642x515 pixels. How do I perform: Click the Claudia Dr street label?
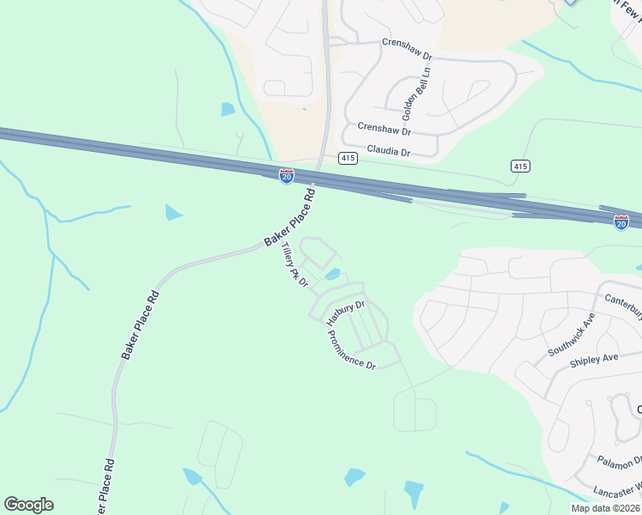click(390, 153)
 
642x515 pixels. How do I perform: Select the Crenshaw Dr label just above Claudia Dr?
click(385, 130)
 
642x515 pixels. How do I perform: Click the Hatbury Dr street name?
click(346, 310)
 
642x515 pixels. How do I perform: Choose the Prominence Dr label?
click(352, 350)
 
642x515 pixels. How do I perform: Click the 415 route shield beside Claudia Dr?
click(348, 158)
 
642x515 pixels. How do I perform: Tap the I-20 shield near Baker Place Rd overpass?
click(287, 176)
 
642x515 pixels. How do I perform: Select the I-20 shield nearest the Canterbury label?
click(621, 222)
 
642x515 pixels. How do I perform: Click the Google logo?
click(28, 505)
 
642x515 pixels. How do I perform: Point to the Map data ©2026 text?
click(604, 508)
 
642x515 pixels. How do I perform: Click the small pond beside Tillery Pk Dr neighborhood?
click(332, 275)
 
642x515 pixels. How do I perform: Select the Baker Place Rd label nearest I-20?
click(290, 218)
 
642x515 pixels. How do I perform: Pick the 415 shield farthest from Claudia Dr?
click(519, 166)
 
